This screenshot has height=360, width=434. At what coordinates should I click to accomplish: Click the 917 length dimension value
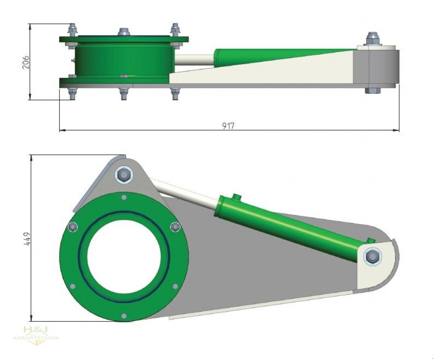229,126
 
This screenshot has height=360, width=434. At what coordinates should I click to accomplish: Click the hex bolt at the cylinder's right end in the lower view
373,256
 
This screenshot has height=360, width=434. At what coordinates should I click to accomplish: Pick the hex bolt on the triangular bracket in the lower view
124,175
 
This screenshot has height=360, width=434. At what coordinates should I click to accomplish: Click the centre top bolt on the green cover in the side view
124,32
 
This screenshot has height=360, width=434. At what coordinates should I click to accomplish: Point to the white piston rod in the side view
195,60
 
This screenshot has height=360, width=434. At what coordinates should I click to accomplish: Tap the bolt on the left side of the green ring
72,227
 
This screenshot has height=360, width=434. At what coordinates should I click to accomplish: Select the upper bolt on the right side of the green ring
175,227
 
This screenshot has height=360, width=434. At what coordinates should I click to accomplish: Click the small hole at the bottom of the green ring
124,315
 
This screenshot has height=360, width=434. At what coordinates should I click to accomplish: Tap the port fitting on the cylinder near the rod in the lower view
236,197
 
